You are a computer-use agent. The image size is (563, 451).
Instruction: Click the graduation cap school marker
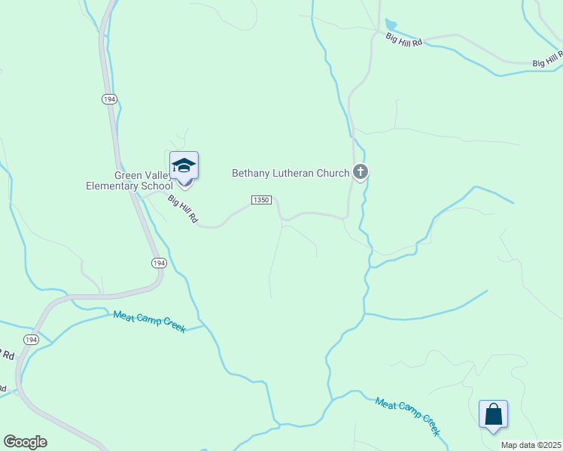click(x=184, y=166)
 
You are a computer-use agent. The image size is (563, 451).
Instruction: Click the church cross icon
click(x=361, y=173)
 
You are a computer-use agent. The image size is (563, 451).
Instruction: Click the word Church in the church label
click(x=333, y=174)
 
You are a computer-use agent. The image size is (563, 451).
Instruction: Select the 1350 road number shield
click(x=261, y=200)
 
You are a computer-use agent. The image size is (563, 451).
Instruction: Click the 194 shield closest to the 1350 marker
click(x=158, y=262)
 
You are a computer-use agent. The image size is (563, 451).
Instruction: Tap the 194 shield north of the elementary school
click(x=110, y=99)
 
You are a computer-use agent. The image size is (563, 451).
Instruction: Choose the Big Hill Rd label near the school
click(x=183, y=209)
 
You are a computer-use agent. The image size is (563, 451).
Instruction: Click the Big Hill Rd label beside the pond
click(x=404, y=40)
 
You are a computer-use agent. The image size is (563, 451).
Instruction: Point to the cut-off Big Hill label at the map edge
click(x=548, y=59)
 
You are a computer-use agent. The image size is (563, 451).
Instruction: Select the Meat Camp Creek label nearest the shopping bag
click(x=407, y=416)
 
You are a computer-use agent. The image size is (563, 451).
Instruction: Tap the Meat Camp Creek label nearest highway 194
click(x=149, y=322)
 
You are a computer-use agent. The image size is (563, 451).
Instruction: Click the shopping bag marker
click(x=493, y=414)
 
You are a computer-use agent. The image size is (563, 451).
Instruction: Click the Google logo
click(x=25, y=442)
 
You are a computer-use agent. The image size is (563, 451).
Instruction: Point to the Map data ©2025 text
click(x=530, y=445)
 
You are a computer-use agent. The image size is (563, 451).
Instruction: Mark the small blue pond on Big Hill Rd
click(x=390, y=26)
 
